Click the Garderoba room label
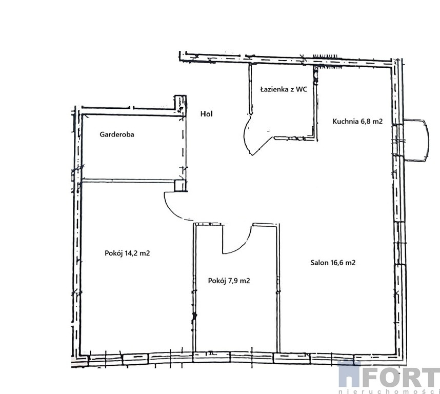coord(117,134)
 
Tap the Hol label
coord(207,114)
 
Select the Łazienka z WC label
coord(284,89)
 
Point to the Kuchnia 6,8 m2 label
coord(357,121)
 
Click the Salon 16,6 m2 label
coord(333,263)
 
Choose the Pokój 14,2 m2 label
coord(127,253)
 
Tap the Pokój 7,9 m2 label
coord(229,281)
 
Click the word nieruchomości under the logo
coord(389,391)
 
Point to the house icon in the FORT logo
coord(349,373)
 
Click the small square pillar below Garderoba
coord(180,186)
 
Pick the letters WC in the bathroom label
coord(302,89)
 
